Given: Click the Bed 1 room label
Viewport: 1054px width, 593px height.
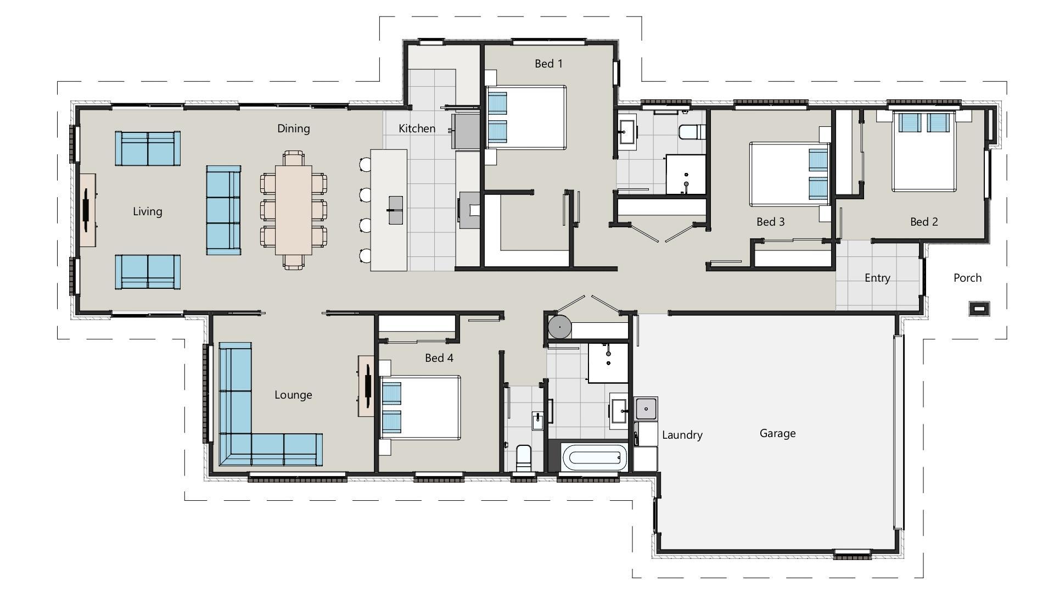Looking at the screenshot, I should (548, 64).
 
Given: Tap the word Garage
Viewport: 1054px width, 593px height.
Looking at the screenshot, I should (777, 433).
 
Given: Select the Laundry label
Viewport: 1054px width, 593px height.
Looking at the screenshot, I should (682, 435).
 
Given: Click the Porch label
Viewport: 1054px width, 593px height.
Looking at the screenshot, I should (967, 278).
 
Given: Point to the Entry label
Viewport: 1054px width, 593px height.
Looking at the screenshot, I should (877, 278).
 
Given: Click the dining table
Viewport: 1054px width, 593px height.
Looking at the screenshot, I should (294, 210).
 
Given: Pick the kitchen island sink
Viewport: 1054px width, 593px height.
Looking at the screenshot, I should (395, 210).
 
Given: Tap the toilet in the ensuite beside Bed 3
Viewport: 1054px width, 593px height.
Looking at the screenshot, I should (691, 132).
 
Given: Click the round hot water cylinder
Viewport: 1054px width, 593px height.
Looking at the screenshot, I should (559, 327).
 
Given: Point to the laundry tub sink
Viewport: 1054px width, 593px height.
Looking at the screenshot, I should (646, 409).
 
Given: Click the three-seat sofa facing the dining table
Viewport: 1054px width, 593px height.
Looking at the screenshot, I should (223, 210).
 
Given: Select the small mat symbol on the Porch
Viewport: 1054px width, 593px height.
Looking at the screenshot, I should (979, 309).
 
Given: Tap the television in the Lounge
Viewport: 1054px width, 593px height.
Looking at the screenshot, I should (367, 385).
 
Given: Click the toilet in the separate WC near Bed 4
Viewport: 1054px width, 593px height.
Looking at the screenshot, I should (524, 457).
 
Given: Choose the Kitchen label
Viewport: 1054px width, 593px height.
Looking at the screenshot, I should (417, 128).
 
